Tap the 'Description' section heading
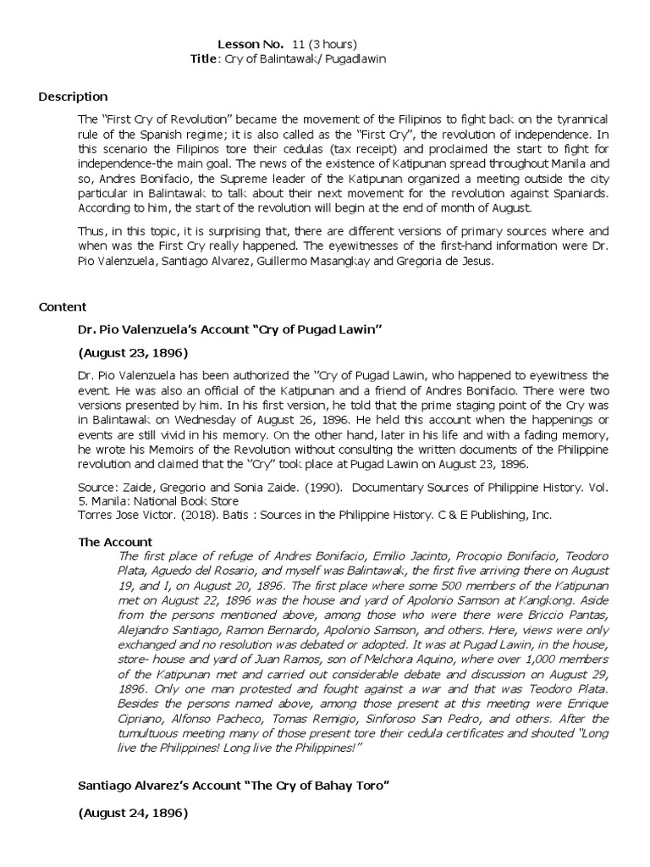click(x=73, y=97)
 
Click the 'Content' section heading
click(x=62, y=306)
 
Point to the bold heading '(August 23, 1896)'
click(x=133, y=351)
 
